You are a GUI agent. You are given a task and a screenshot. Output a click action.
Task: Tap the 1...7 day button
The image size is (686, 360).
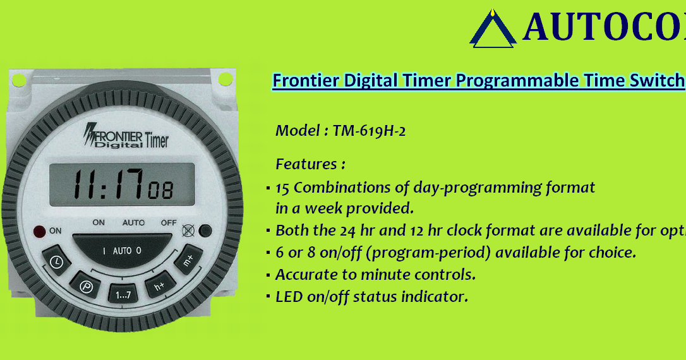pyautogui.click(x=122, y=294)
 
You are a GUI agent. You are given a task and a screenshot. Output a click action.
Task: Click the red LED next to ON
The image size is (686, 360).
pyautogui.click(x=40, y=231)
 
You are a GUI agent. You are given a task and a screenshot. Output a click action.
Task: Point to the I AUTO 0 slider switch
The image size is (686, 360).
pyautogui.click(x=122, y=251)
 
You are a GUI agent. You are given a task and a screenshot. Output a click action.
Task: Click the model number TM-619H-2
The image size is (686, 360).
pyautogui.click(x=369, y=131)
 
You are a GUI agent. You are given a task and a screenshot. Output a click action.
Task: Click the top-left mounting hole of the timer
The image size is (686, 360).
pyautogui.click(x=19, y=80)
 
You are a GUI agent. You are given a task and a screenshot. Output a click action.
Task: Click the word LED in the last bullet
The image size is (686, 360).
pyautogui.click(x=289, y=296)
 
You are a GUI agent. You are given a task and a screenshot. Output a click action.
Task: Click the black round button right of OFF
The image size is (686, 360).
pyautogui.click(x=204, y=231)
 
